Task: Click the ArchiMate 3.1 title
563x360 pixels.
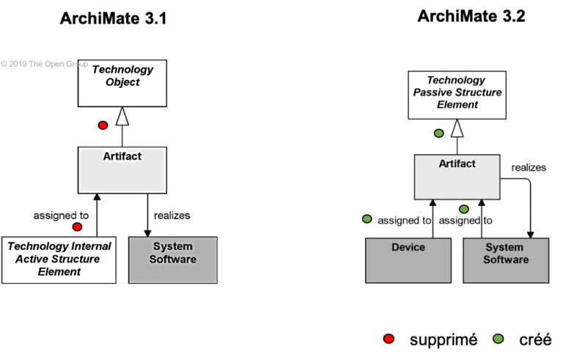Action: tap(114, 18)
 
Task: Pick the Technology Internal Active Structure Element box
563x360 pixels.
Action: tap(59, 260)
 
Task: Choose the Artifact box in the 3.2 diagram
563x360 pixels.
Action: tap(457, 177)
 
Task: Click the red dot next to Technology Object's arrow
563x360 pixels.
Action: tap(103, 125)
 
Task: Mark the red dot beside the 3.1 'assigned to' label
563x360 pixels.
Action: tap(77, 227)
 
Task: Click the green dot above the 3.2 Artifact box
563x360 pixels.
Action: tap(439, 133)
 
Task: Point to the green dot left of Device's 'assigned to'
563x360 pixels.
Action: tap(367, 219)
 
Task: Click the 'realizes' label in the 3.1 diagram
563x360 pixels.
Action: tap(172, 216)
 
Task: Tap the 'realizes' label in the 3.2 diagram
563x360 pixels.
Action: tap(529, 168)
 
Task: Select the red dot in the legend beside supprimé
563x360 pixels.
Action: tap(389, 339)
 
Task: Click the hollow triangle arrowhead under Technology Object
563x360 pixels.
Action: tap(122, 115)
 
